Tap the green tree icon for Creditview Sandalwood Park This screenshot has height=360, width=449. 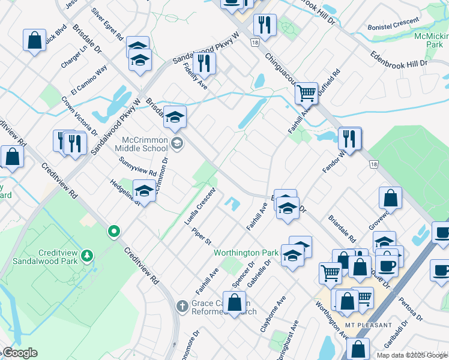pyautogui.click(x=88, y=256)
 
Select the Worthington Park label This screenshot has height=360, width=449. pyautogui.click(x=246, y=253)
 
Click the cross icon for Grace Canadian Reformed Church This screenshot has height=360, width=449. pyautogui.click(x=182, y=307)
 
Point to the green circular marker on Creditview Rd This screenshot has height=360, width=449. pyautogui.click(x=113, y=231)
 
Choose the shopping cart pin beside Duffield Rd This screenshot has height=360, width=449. pyautogui.click(x=306, y=93)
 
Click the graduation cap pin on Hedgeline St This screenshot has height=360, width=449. pyautogui.click(x=143, y=191)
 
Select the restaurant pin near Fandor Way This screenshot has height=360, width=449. pyautogui.click(x=349, y=138)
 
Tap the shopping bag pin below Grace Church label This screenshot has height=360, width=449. pyautogui.click(x=234, y=302)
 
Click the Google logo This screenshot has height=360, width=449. pyautogui.click(x=20, y=353)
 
